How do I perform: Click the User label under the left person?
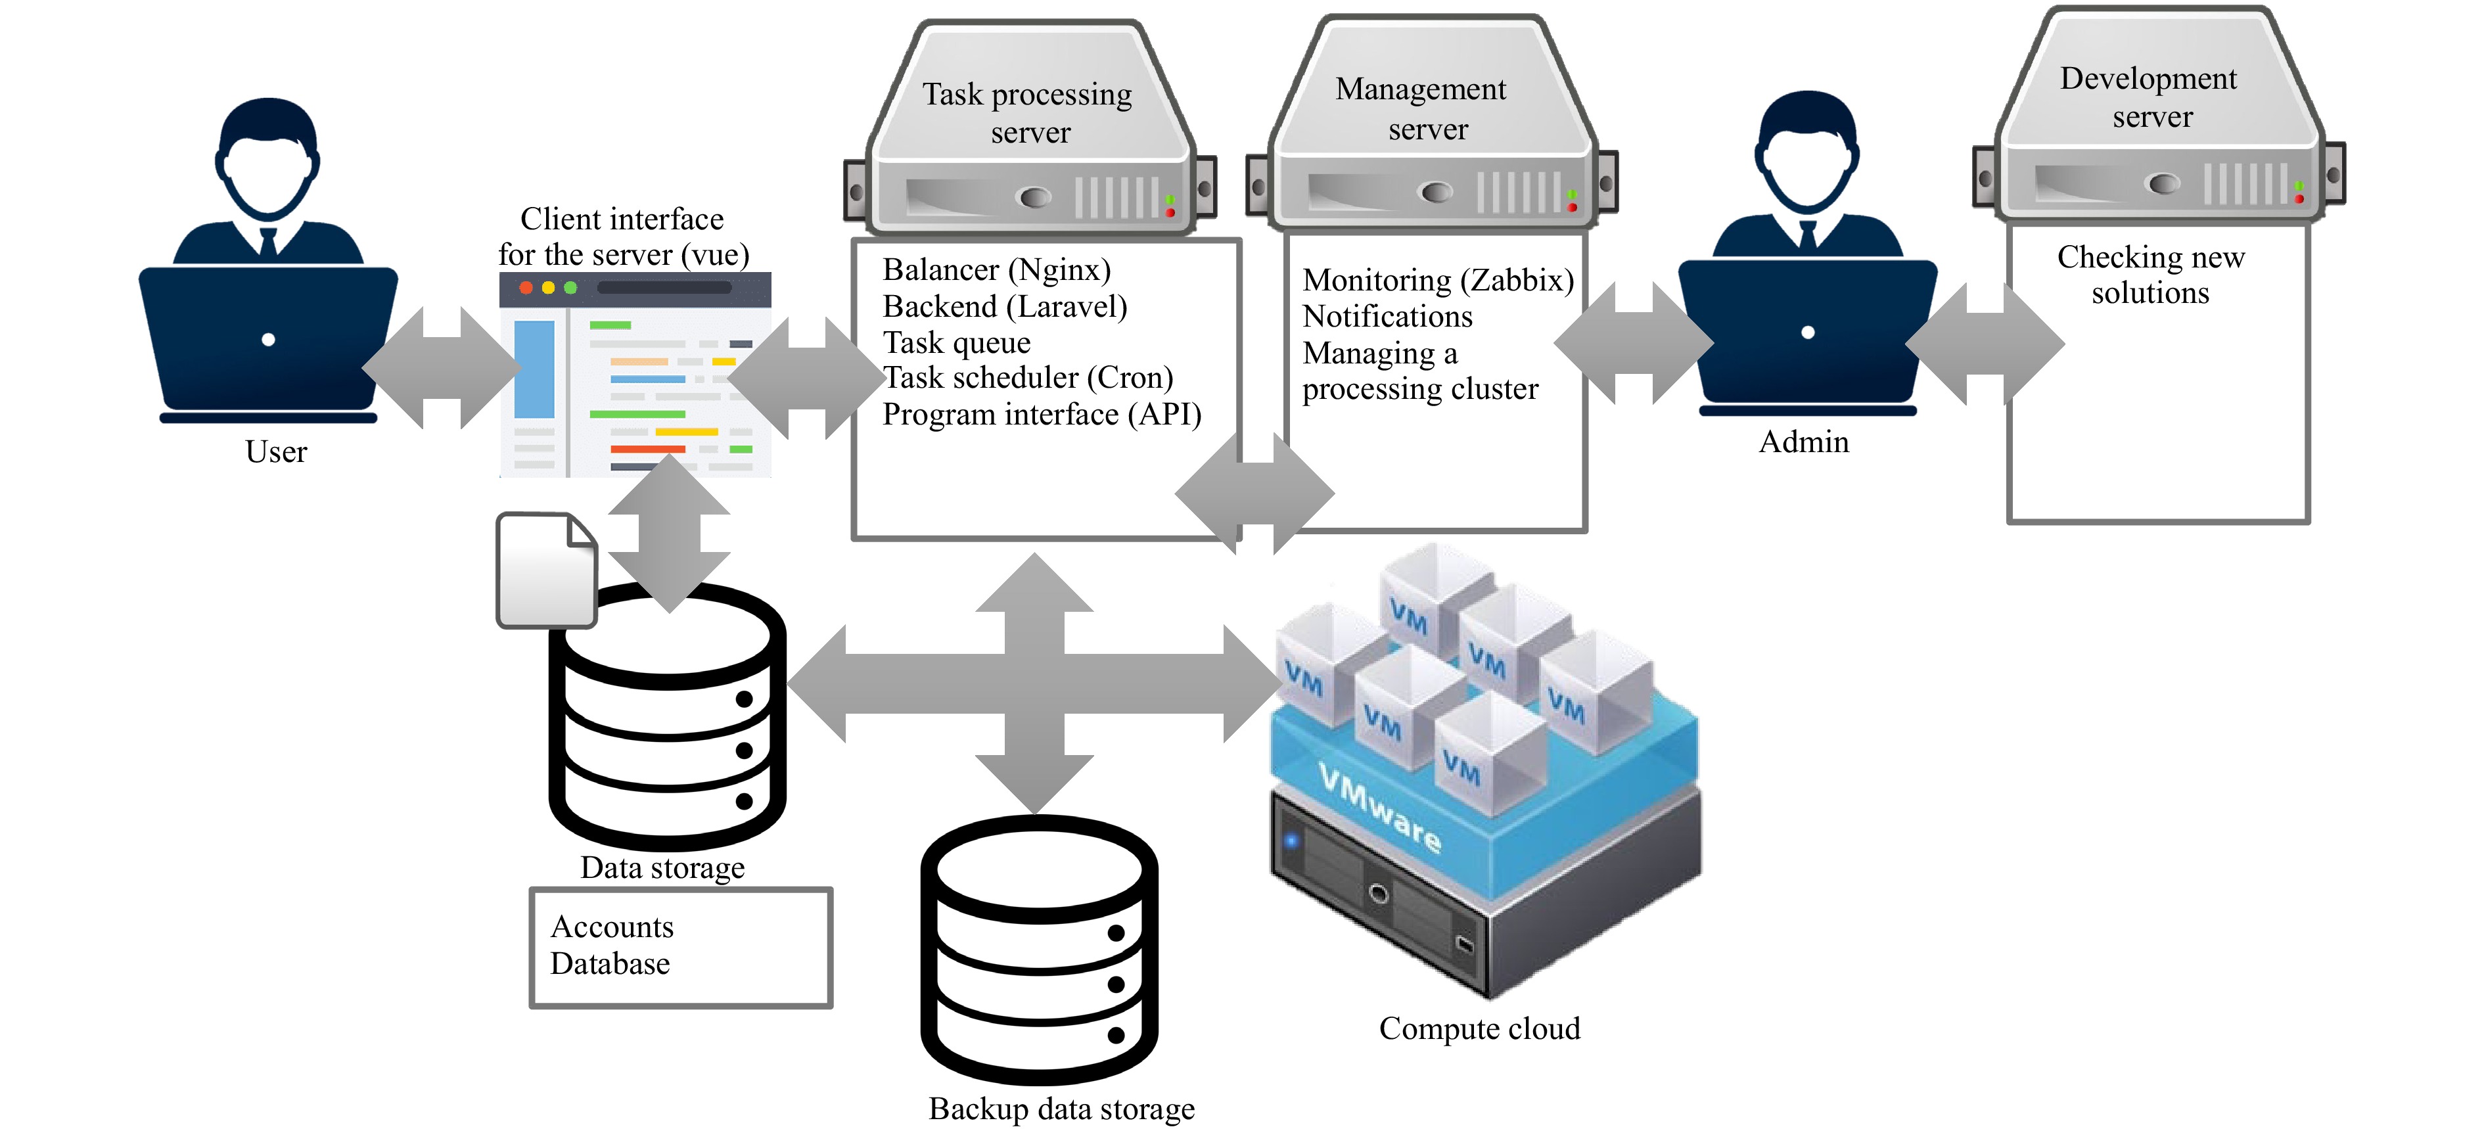pyautogui.click(x=276, y=451)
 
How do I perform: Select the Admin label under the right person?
pyautogui.click(x=1803, y=442)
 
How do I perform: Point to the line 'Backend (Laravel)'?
pyautogui.click(x=1004, y=307)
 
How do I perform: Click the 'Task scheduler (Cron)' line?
pyautogui.click(x=1028, y=377)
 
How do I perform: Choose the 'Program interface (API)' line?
pyautogui.click(x=1042, y=415)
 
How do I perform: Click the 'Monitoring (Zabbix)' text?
pyautogui.click(x=1437, y=279)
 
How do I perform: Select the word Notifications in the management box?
pyautogui.click(x=1387, y=316)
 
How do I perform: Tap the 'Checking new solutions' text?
pyautogui.click(x=2150, y=275)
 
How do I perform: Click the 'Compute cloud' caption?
pyautogui.click(x=1479, y=1028)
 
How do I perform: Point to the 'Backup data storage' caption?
pyautogui.click(x=1061, y=1109)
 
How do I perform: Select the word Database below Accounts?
pyautogui.click(x=609, y=963)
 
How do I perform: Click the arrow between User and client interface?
pyautogui.click(x=442, y=368)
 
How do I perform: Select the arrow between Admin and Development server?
pyautogui.click(x=1985, y=343)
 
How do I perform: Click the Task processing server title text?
pyautogui.click(x=1028, y=112)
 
